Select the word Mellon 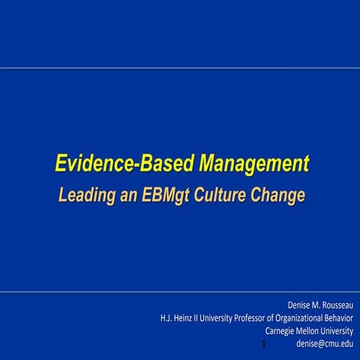click(x=312, y=331)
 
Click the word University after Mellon click(x=340, y=331)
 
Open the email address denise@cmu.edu click(x=325, y=343)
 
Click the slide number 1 click(x=265, y=344)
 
